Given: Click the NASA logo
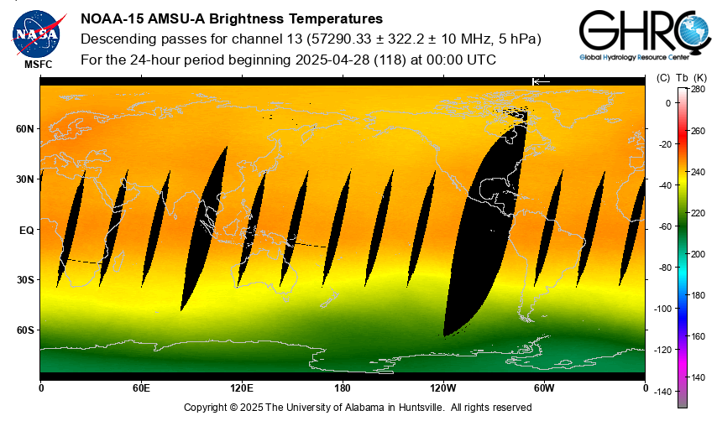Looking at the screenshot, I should click(36, 33).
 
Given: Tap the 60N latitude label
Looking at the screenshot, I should click(25, 129).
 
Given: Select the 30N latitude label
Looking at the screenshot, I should click(25, 179).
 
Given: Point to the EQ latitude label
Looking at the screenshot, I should click(26, 230).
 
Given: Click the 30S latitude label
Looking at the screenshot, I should click(25, 280).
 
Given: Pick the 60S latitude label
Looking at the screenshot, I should click(25, 330).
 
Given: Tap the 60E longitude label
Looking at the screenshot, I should click(141, 388).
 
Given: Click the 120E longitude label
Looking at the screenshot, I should click(242, 388).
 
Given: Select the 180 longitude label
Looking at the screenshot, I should click(343, 388).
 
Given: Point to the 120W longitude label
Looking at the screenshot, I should click(443, 388).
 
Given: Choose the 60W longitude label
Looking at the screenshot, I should click(544, 388).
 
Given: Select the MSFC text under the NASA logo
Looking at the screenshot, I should click(37, 64).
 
